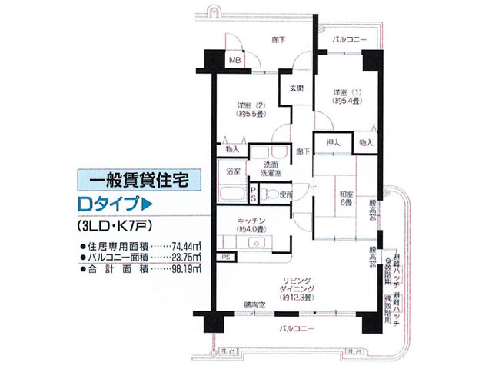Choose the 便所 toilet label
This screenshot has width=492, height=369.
pos(287,194)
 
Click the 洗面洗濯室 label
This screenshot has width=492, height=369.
pos(273,169)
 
